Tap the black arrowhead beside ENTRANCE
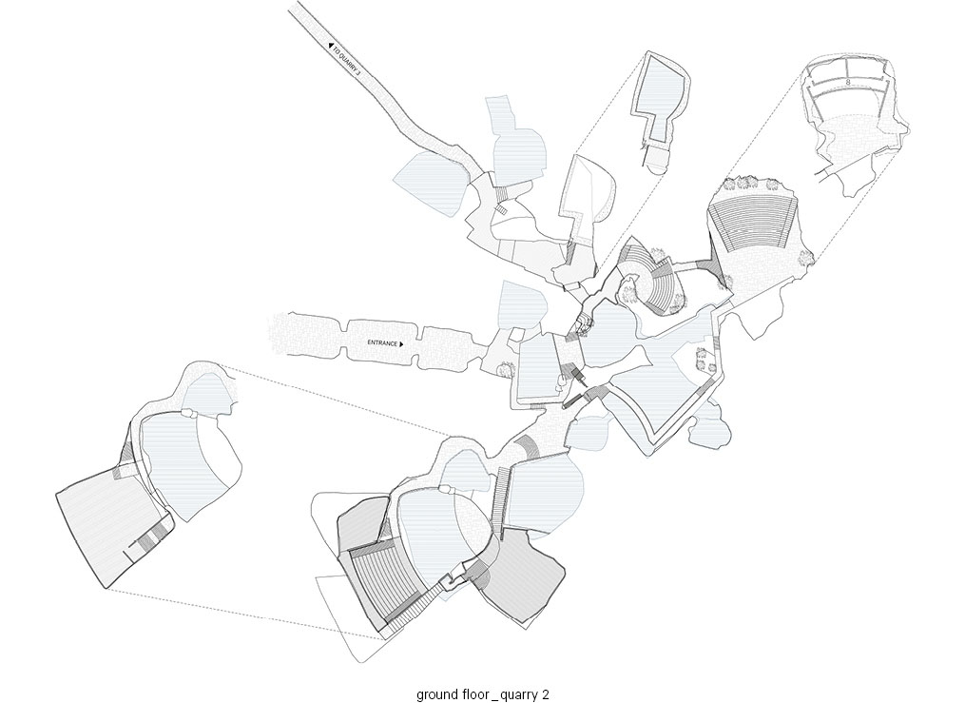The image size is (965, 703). pyautogui.click(x=401, y=344)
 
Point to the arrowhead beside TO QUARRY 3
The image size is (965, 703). pyautogui.click(x=331, y=45)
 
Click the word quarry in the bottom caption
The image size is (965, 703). pyautogui.click(x=519, y=695)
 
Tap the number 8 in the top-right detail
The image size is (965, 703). pyautogui.click(x=848, y=81)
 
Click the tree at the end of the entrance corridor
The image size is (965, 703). pyautogui.click(x=506, y=369)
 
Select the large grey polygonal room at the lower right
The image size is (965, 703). pyautogui.click(x=521, y=576)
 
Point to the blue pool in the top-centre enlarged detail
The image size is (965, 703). pyautogui.click(x=660, y=92)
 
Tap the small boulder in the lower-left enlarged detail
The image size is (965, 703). pyautogui.click(x=188, y=414)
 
